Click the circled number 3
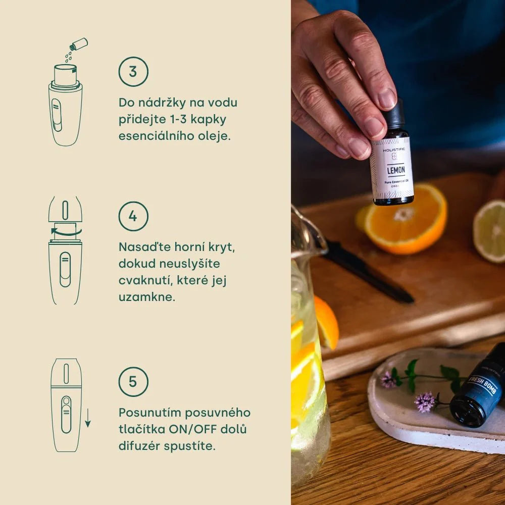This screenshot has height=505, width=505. coord(133,72)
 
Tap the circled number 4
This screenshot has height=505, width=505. coord(133,216)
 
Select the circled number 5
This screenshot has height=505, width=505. coord(133,381)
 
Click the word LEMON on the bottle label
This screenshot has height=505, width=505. coord(392,170)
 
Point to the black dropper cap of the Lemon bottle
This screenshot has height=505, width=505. coord(394,115)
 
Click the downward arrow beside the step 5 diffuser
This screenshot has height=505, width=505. coord(88,418)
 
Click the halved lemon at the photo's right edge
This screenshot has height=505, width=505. coord(490,231)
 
